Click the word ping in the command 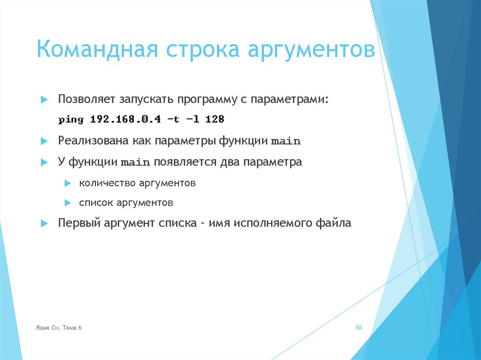(x=71, y=120)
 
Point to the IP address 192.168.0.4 (x=125, y=120)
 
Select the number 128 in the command (x=215, y=120)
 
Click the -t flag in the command (x=173, y=120)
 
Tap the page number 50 (x=358, y=328)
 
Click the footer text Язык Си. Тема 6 (x=59, y=328)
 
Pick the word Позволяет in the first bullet (x=86, y=100)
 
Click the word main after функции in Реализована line (x=286, y=141)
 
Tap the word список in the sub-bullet (x=95, y=203)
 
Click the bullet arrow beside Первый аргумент (x=44, y=224)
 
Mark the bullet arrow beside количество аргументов (x=68, y=183)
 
